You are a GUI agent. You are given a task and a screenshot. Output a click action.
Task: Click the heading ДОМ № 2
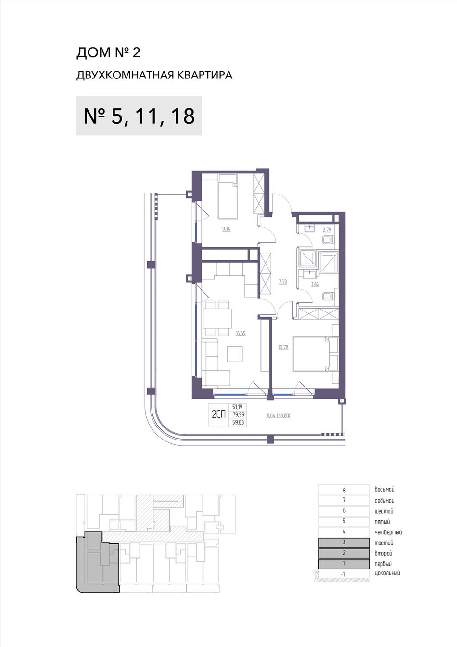click(x=108, y=53)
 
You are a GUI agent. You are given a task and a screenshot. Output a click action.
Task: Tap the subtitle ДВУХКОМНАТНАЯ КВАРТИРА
click(x=154, y=76)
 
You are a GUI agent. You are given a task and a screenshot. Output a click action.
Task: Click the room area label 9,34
click(x=226, y=229)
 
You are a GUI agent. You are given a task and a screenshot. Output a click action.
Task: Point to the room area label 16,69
click(x=241, y=333)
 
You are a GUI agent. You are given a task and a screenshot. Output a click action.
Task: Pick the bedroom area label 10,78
click(x=283, y=347)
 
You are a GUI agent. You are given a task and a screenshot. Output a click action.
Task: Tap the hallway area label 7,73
click(x=283, y=282)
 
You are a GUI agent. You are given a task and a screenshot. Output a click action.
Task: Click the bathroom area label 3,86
click(x=315, y=284)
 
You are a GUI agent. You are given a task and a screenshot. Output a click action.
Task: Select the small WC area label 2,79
click(x=327, y=230)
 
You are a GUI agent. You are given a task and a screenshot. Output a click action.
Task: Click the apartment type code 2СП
click(x=218, y=415)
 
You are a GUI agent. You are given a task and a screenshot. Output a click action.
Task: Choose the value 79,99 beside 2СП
click(x=238, y=415)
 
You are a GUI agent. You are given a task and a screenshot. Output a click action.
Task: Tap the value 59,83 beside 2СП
click(x=238, y=423)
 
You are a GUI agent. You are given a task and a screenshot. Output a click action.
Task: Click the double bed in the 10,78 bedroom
click(x=312, y=353)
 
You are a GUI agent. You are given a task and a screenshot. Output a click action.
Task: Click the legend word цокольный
click(x=387, y=573)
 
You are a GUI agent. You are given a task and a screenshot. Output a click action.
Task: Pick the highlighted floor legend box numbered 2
click(x=344, y=553)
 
